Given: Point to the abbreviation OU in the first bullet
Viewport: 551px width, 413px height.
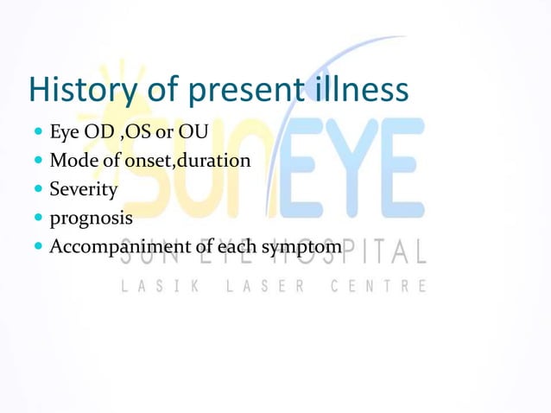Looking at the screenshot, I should tap(193, 137).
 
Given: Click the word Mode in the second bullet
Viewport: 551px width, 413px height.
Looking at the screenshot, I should tap(72, 161).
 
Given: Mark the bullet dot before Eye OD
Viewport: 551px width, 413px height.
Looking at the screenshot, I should tap(40, 137).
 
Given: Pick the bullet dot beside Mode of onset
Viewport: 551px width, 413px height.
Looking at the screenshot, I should tap(40, 161).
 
